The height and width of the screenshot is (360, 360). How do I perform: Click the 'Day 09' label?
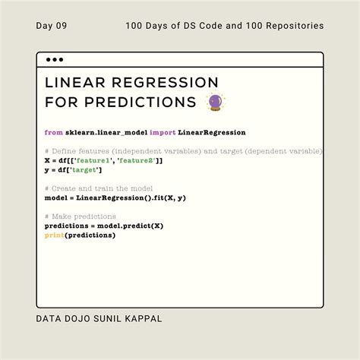52,26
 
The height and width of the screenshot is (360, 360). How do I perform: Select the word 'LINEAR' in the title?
76,82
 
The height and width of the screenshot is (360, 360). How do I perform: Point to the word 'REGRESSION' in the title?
165,82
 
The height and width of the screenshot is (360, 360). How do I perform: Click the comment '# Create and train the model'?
99,188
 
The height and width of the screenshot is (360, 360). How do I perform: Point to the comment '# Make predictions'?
81,216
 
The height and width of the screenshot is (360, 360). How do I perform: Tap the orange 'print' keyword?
54,235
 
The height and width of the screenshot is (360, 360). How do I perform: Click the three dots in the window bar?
55,59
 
